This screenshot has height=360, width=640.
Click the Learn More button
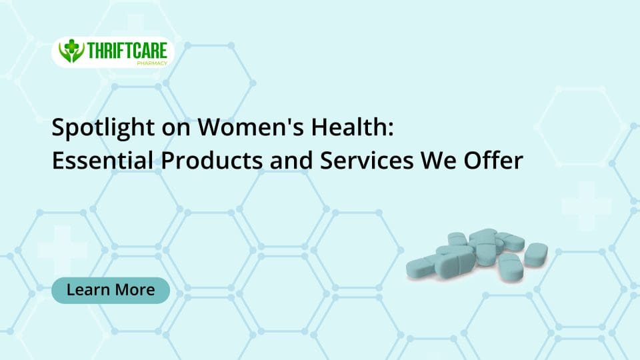click(111, 290)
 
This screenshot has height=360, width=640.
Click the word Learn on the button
click(89, 290)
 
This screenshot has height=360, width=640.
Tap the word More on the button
click(135, 290)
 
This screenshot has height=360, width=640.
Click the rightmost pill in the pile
click(535, 255)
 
